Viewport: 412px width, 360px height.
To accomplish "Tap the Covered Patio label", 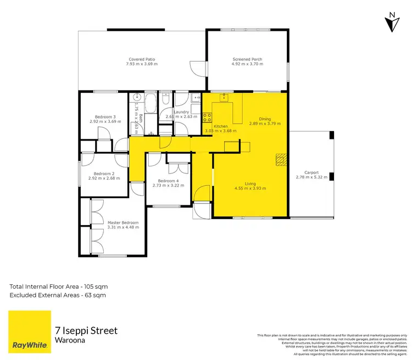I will [141, 59].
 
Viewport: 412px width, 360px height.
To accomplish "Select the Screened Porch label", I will [247, 59].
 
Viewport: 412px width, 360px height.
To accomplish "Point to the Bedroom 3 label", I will [105, 116].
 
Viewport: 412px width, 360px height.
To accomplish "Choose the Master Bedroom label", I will [123, 222].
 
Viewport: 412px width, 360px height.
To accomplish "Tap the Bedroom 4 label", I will [168, 181].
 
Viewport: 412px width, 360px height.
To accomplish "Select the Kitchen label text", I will [220, 126].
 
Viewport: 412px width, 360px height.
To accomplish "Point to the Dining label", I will [265, 119].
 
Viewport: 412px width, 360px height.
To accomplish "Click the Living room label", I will [250, 184].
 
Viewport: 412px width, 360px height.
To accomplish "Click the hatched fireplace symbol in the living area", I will [281, 159].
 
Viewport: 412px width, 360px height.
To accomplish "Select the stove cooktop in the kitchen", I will [207, 117].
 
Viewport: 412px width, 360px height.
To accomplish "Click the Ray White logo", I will [29, 331].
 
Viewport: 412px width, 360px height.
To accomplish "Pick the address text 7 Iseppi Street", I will [86, 331].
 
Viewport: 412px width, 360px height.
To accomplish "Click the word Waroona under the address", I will [69, 340].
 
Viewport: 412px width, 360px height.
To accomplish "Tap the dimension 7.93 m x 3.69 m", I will [141, 64].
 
